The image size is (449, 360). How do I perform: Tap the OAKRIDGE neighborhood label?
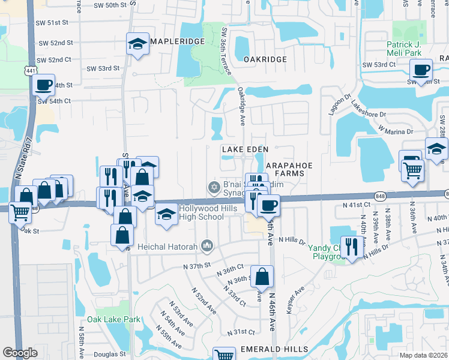pos(265,60)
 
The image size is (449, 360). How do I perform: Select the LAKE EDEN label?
pos(244,148)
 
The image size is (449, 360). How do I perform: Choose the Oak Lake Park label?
pos(113,320)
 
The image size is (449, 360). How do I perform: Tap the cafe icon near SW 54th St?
pos(43,85)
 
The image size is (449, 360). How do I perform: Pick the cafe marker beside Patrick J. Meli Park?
pos(422,70)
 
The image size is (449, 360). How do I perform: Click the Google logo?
pos(20,353)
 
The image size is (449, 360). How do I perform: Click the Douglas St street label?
pos(110,355)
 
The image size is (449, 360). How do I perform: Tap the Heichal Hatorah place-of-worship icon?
pos(207,245)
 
